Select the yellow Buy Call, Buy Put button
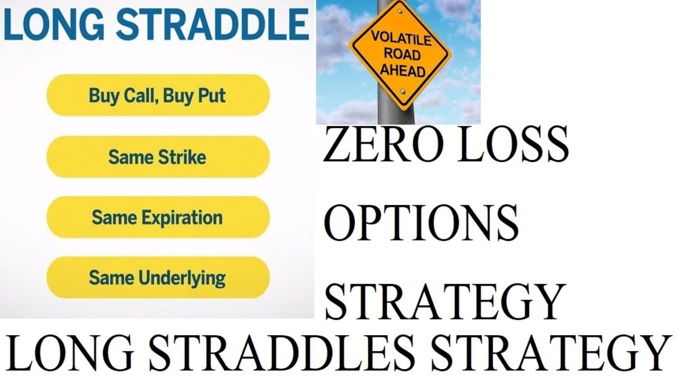point(158,96)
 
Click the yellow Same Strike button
point(158,157)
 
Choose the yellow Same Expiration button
point(158,218)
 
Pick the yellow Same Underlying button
point(158,278)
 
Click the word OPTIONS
point(421,222)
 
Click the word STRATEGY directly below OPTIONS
point(444,301)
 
